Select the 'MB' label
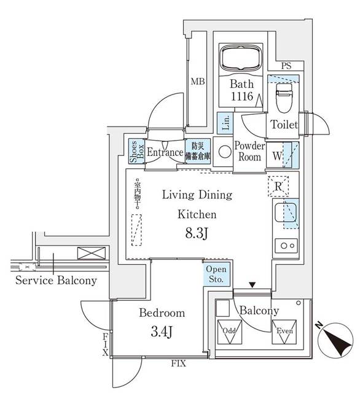tap(197, 82)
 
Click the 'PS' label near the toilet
tap(286, 66)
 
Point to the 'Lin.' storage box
tap(225, 123)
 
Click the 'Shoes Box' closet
tap(134, 152)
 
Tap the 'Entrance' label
tap(165, 152)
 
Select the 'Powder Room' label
tap(249, 151)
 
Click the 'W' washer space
tap(283, 155)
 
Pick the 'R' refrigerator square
tap(278, 185)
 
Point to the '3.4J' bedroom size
tap(162, 332)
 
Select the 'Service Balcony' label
tap(56, 281)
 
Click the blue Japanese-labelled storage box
tap(198, 152)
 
